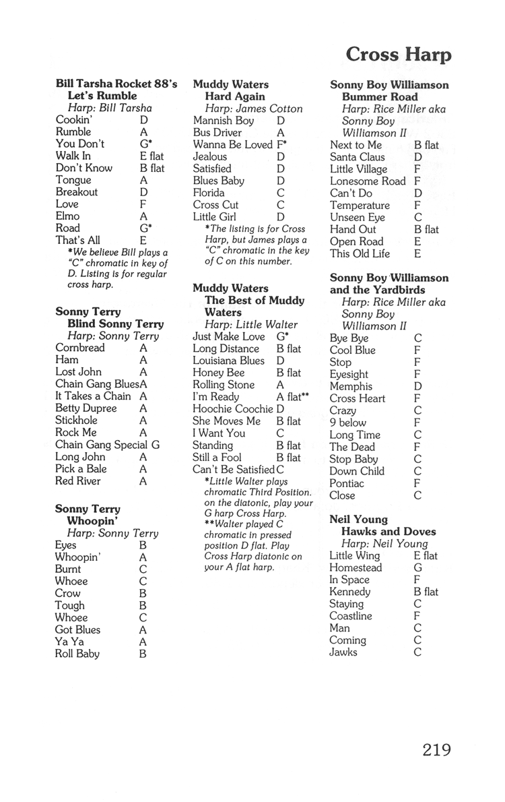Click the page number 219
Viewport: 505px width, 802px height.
437,749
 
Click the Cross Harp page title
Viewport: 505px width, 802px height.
399,55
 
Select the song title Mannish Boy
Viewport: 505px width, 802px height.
223,121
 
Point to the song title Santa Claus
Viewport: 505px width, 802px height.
358,157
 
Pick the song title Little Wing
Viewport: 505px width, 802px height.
355,555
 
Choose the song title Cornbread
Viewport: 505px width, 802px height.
80,348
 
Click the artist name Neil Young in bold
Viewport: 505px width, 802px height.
358,519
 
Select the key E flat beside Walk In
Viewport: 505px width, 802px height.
151,156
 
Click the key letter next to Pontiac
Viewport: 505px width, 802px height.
417,483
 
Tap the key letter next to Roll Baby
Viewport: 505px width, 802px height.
143,653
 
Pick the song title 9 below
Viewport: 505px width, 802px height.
348,423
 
